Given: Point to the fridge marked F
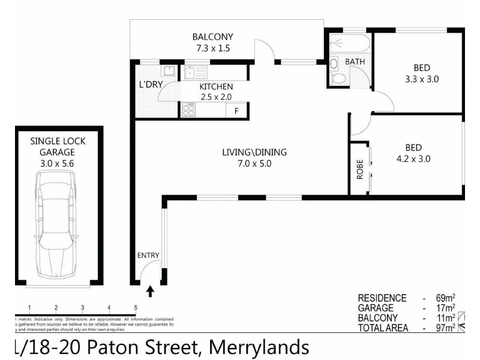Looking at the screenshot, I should tap(236, 111).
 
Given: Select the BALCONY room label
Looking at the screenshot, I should tap(212, 37).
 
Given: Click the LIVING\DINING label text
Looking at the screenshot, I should tap(254, 152).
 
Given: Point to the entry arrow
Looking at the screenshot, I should tap(150, 292).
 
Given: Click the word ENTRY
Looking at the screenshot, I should tap(148, 255).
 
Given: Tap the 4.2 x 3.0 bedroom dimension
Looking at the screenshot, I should tap(413, 159).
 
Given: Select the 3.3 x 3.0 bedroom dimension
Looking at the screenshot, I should tap(418, 78).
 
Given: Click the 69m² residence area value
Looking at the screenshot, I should tap(443, 298).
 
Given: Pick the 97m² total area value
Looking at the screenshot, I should tap(443, 328).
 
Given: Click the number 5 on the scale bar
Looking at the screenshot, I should tap(136, 308).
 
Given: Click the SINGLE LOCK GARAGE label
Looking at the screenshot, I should tap(58, 146).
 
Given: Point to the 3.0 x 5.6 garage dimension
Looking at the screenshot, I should tap(58, 163).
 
